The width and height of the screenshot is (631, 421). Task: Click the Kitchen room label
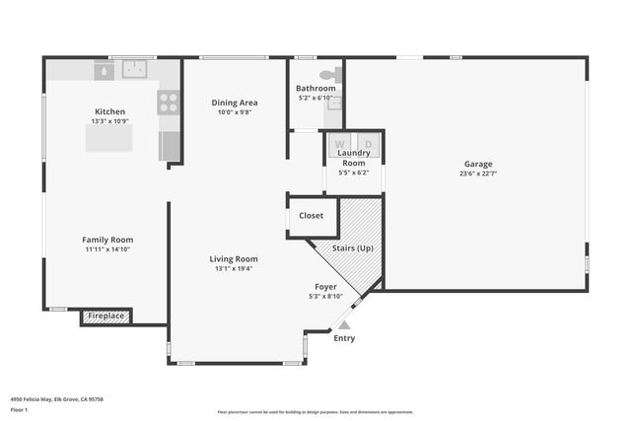(109, 111)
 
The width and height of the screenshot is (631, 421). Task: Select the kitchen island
(108, 138)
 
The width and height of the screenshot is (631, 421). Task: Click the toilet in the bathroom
(329, 75)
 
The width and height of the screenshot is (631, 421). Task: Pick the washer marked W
(340, 143)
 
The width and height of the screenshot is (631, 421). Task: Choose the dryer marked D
(367, 143)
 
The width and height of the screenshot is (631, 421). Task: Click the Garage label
(478, 164)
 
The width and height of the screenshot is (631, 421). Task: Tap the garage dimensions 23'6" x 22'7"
(478, 174)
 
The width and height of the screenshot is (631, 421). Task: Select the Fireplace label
(106, 316)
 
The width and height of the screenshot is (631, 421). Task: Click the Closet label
(312, 215)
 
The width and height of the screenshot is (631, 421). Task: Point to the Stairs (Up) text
(353, 247)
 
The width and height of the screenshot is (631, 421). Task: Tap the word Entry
(344, 338)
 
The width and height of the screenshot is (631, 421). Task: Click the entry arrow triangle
(343, 322)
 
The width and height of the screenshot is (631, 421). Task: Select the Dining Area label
(236, 103)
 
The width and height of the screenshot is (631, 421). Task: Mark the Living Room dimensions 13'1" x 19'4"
(234, 268)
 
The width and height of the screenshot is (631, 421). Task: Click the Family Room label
(107, 240)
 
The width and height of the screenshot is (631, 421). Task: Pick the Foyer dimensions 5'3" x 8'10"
(325, 296)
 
